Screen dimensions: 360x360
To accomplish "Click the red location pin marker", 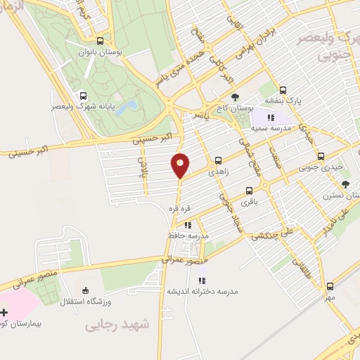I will pyautogui.click(x=181, y=165).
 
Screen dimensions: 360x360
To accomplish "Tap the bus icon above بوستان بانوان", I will pyautogui.click(x=101, y=41).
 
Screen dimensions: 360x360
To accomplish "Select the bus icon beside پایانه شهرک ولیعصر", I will pyautogui.click(x=84, y=96).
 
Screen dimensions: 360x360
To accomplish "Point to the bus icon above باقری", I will pyautogui.click(x=249, y=191).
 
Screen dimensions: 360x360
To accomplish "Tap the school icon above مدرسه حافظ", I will pyautogui.click(x=188, y=226).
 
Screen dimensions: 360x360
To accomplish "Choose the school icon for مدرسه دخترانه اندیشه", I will pyautogui.click(x=202, y=281).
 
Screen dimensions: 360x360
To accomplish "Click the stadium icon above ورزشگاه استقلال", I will pyautogui.click(x=86, y=290).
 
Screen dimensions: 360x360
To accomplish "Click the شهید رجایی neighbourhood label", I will pyautogui.click(x=118, y=325).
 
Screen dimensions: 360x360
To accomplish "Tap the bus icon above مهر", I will pyautogui.click(x=330, y=286).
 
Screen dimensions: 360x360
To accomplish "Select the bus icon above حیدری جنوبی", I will pyautogui.click(x=321, y=156).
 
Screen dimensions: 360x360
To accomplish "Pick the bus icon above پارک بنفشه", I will pyautogui.click(x=283, y=90).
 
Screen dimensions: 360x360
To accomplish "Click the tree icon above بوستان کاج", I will pyautogui.click(x=234, y=98).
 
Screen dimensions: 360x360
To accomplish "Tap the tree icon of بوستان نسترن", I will pyautogui.click(x=345, y=184).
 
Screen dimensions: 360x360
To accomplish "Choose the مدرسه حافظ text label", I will pyautogui.click(x=186, y=236).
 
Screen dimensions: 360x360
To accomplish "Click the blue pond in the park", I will pyautogui.click(x=127, y=108).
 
